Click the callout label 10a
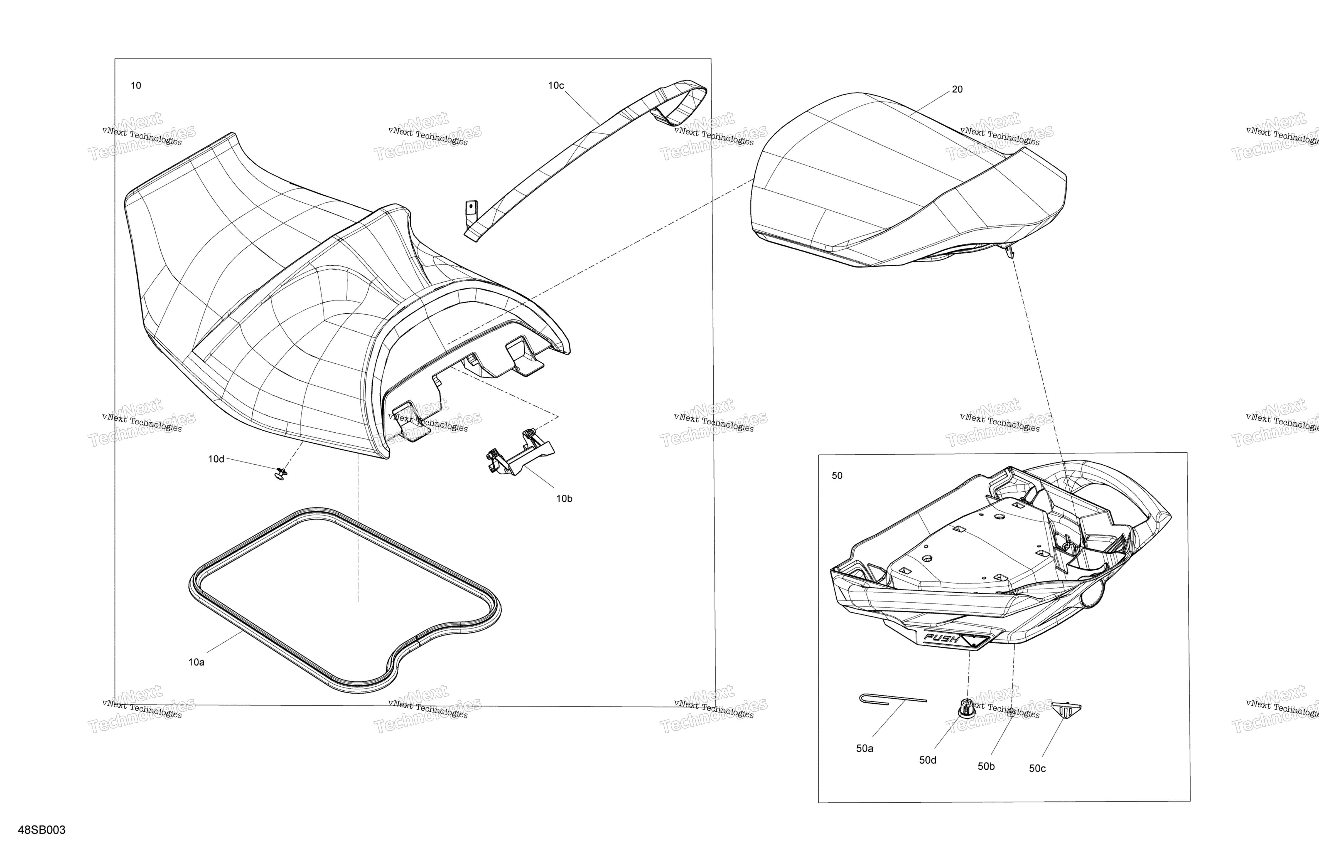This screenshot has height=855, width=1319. coord(196,662)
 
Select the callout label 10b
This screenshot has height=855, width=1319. coord(564,499)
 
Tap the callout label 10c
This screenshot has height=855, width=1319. coord(556,85)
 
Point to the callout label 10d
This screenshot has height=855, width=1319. coord(216,459)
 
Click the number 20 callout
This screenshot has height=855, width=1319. coord(957,89)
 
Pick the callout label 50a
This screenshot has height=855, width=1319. coord(864,749)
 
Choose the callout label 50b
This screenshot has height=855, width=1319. coord(986,766)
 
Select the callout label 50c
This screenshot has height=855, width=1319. coord(1037,768)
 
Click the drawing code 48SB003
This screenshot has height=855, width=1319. coord(41,830)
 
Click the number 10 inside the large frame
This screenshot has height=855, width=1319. coord(136,85)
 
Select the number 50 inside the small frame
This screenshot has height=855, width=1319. coord(837,475)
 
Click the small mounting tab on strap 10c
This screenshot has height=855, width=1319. coord(471,211)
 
